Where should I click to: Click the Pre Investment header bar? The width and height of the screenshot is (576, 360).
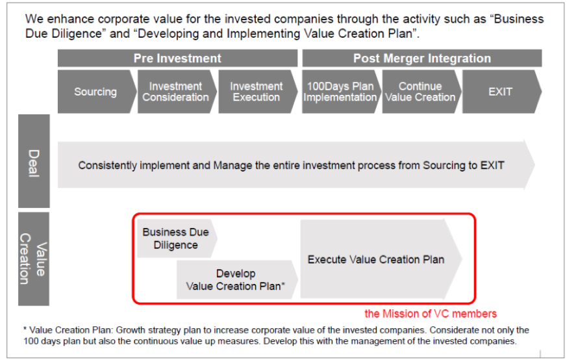177,58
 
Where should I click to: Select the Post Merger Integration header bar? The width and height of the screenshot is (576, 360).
421,58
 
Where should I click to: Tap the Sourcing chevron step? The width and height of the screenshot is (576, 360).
97,92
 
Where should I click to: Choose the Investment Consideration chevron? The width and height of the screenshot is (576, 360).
177,92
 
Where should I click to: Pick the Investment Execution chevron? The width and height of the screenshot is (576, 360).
258,92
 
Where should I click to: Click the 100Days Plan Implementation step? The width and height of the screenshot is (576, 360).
341,92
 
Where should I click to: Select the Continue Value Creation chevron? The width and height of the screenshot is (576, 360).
421,92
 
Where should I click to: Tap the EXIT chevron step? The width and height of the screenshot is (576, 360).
502,92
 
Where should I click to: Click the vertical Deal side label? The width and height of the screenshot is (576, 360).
34,161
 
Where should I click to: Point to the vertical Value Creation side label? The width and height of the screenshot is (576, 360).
34,259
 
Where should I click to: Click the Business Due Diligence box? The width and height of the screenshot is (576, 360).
177,238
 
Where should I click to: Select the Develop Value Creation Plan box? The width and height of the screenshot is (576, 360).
237,280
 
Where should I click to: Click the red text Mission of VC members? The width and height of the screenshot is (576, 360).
430,314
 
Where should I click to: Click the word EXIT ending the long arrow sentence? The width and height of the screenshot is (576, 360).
492,165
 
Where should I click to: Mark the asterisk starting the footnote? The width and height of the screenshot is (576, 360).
25,328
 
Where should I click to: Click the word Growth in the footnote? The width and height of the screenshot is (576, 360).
129,330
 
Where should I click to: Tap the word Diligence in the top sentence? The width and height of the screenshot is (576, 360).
77,34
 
